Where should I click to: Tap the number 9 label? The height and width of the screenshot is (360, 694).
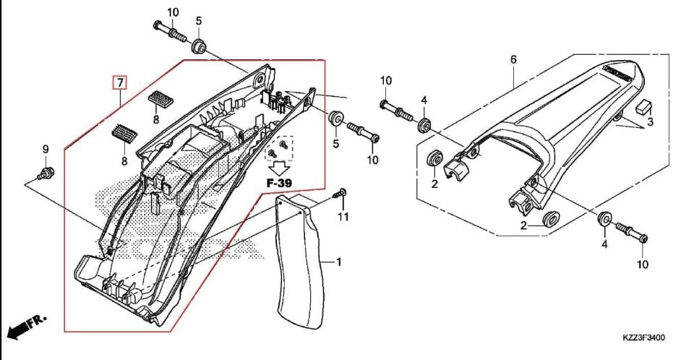45,150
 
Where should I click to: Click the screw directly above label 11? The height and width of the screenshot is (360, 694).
341,193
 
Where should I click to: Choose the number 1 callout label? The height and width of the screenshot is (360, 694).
337,262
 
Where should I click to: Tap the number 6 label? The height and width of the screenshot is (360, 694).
513,59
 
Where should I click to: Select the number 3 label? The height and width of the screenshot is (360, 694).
650,123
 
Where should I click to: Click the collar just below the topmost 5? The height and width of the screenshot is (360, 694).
197,47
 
